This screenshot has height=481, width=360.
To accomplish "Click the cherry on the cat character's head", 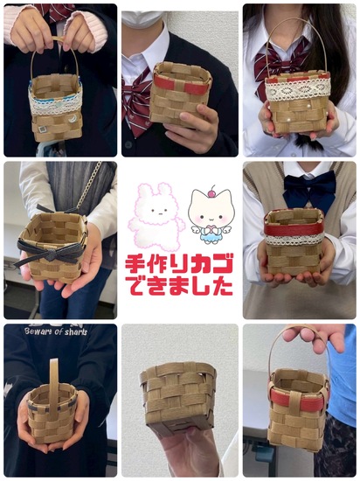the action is coord(211,193).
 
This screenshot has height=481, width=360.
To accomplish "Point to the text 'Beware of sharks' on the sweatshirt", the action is coord(56,331).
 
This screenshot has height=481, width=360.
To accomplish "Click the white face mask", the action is coord(140,19).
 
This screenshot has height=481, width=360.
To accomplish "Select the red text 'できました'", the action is coord(181,286).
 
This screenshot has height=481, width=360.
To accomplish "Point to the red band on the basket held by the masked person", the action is coord(182,84).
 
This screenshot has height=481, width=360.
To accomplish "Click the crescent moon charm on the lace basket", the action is coord(73,118).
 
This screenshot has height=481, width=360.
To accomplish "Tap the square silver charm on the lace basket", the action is coord(42,129).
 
